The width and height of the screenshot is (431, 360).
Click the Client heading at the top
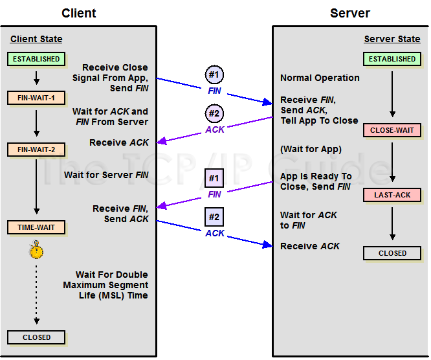pyautogui.click(x=79, y=13)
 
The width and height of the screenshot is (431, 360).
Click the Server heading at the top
pyautogui.click(x=350, y=13)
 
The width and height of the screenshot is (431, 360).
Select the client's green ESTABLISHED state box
pyautogui.click(x=36, y=59)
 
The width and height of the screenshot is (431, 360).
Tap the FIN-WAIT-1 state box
pyautogui.click(x=36, y=98)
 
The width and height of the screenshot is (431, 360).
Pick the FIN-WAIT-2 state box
pyautogui.click(x=36, y=150)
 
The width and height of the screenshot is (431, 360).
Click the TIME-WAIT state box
pyautogui.click(x=36, y=227)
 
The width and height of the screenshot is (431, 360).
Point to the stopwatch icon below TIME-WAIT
pyautogui.click(x=36, y=250)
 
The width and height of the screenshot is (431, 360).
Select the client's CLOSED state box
pyautogui.click(x=36, y=337)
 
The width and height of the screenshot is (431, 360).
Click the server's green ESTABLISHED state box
pyautogui.click(x=392, y=59)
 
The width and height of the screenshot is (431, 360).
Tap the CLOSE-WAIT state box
pyautogui.click(x=392, y=130)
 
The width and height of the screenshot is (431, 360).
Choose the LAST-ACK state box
pyautogui.click(x=392, y=195)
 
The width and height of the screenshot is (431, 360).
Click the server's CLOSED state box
pyautogui.click(x=392, y=253)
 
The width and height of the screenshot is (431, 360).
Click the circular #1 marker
pyautogui.click(x=214, y=75)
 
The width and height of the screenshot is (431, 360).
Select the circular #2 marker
pyautogui.click(x=214, y=114)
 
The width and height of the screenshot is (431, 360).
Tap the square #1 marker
pyautogui.click(x=214, y=177)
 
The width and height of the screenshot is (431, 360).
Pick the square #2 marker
pyautogui.click(x=214, y=216)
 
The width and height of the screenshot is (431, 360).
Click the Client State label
pyautogui.click(x=36, y=39)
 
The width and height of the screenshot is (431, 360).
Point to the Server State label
pyautogui.click(x=392, y=39)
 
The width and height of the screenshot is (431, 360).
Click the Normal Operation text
pyautogui.click(x=320, y=78)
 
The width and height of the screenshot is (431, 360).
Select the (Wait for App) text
pyautogui.click(x=311, y=150)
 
